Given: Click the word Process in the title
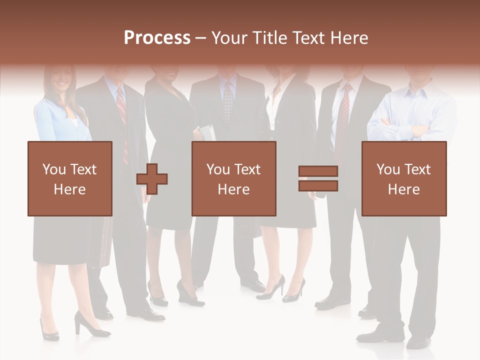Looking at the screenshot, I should (157, 38).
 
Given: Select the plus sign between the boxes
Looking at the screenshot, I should (152, 178).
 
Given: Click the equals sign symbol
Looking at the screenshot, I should (318, 178).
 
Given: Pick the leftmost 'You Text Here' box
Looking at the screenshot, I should (69, 178).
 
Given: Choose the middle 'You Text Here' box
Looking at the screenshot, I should (233, 178).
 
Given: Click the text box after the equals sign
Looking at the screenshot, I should (403, 178).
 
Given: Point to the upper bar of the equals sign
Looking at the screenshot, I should (318, 171).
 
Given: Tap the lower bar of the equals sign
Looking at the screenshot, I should (318, 186).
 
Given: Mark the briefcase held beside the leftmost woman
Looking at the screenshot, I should (106, 242).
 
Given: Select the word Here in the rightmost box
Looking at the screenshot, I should (403, 189).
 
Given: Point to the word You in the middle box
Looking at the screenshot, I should (218, 169).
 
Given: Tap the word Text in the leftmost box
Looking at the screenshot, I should (83, 169).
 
